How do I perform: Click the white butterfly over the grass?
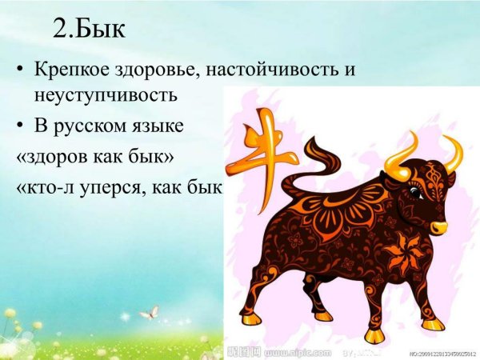click(149, 312)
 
